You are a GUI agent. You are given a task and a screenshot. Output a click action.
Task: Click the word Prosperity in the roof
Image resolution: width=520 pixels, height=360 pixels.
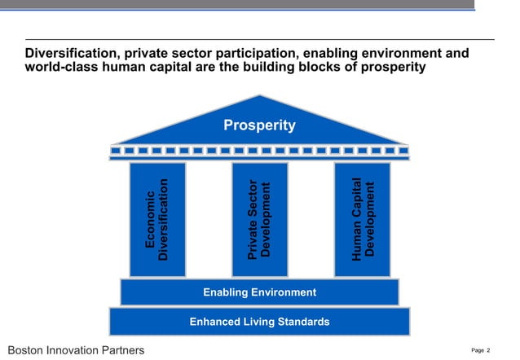coord(259,125)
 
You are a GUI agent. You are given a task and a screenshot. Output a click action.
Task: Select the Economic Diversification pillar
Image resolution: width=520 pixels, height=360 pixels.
coord(156,220)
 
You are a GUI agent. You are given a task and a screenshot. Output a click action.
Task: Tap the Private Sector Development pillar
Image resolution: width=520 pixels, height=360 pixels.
coord(259,220)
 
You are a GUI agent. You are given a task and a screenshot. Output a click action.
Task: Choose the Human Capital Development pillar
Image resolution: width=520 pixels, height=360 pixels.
coord(362,220)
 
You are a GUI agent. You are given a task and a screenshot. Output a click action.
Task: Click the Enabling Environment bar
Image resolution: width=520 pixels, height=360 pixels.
coord(259,292)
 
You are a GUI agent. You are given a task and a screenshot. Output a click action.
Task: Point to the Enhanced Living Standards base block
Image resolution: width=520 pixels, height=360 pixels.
coord(259,322)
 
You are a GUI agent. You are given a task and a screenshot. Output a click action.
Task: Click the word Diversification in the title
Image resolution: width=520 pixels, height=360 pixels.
coord(72,54)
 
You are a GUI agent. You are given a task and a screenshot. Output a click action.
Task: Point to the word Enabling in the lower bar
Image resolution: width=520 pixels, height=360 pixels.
coord(225,292)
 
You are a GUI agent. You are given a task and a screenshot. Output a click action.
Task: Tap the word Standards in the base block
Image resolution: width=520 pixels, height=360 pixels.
coord(303,322)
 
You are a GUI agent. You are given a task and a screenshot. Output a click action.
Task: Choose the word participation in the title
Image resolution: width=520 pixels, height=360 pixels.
coord(241,54)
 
